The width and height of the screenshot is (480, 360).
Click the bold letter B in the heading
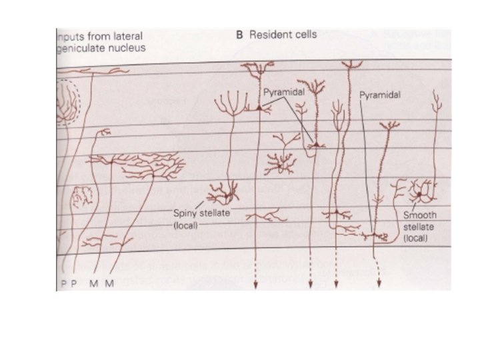pyautogui.click(x=241, y=36)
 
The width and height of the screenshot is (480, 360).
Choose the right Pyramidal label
pyautogui.click(x=381, y=95)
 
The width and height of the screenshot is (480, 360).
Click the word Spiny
pyautogui.click(x=185, y=213)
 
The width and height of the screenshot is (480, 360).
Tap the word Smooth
pyautogui.click(x=420, y=216)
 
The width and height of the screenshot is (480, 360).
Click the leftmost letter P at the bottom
pyautogui.click(x=61, y=283)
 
